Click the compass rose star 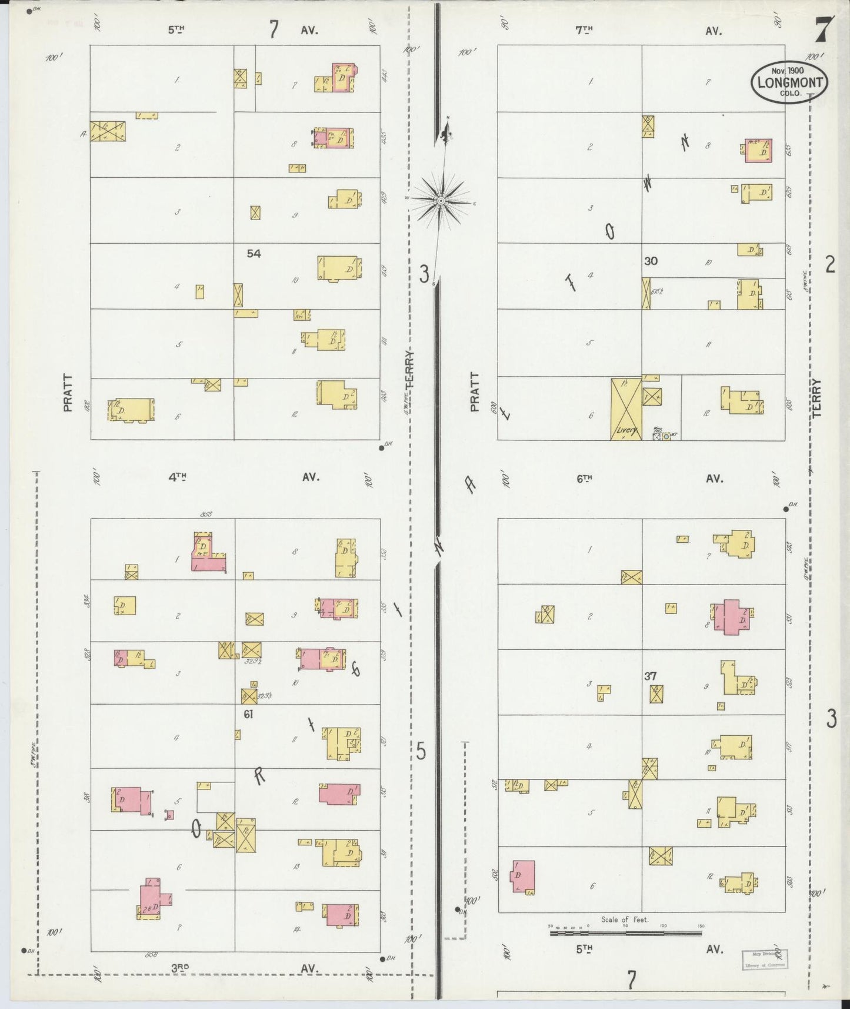[441, 201]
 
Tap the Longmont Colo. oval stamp [789, 83]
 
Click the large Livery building [626, 409]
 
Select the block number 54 [254, 254]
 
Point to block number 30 [650, 261]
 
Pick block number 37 [650, 676]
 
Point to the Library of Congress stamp [764, 960]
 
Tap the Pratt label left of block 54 [68, 392]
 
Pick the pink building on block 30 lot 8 [758, 151]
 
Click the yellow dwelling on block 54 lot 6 [132, 409]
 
